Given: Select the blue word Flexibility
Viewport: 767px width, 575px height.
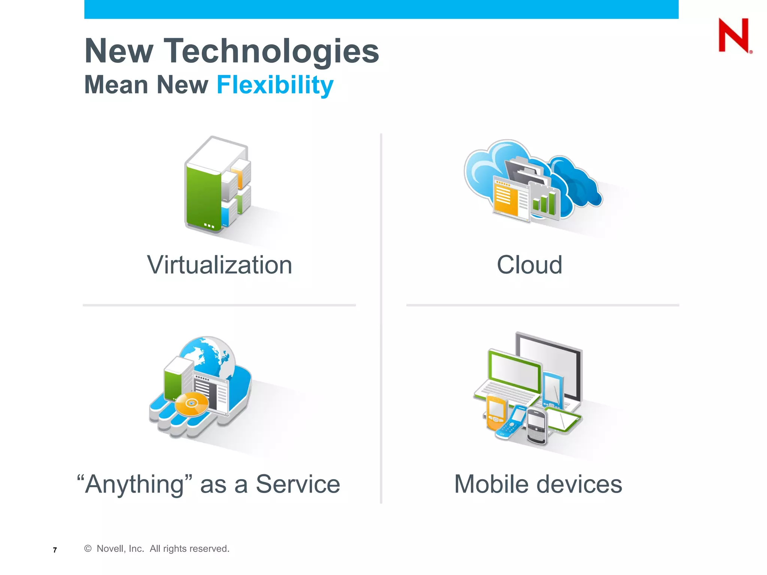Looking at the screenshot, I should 275,85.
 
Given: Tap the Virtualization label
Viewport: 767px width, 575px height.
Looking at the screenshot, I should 219,265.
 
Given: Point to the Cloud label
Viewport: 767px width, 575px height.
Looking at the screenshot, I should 529,265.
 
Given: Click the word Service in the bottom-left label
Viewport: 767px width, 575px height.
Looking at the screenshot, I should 298,484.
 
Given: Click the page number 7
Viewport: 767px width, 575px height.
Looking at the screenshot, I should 55,550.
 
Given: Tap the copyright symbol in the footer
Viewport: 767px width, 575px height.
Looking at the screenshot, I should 88,548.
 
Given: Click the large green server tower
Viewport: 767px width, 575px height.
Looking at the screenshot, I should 203,198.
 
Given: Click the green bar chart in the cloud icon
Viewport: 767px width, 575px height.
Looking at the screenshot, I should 544,203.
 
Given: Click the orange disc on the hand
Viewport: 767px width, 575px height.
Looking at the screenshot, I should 192,404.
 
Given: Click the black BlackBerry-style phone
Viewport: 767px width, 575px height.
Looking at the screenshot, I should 537,426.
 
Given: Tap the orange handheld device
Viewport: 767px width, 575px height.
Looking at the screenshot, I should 496,413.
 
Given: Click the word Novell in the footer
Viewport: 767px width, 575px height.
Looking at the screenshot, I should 109,548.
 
